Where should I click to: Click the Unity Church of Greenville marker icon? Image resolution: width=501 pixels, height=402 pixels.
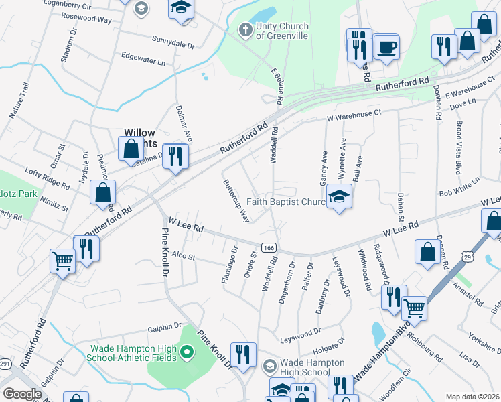pyautogui.click(x=245, y=29)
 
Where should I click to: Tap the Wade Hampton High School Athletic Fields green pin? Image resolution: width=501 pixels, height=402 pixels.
pyautogui.click(x=188, y=352)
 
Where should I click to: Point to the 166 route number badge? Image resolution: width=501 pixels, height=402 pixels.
pyautogui.click(x=269, y=248)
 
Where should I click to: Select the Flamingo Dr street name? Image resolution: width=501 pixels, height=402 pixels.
pyautogui.click(x=229, y=265)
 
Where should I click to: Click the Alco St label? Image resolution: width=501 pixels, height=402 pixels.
pyautogui.click(x=183, y=256)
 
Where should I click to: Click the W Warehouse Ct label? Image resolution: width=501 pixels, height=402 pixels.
pyautogui.click(x=354, y=116)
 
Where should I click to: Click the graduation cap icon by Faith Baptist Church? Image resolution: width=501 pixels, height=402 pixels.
pyautogui.click(x=339, y=197)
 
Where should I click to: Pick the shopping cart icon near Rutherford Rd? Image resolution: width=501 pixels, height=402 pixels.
pyautogui.click(x=63, y=260)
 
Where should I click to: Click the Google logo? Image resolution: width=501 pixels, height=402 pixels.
pyautogui.click(x=22, y=394)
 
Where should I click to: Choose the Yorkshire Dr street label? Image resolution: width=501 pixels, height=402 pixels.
pyautogui.click(x=484, y=340)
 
